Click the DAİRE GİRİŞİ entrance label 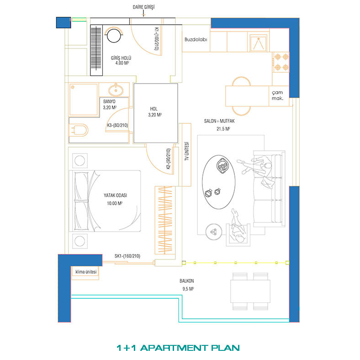143,7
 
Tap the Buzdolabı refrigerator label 196,39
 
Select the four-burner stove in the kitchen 281,62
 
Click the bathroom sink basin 116,90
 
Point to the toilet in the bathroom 78,130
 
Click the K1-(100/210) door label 156,38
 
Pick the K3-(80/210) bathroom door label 117,125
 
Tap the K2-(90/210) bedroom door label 169,159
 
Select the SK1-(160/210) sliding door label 127,256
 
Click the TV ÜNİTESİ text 187,151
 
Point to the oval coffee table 219,182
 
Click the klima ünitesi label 86,272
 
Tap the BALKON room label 187,281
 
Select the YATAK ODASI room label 115,196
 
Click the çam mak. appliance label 277,95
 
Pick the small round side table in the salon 214,232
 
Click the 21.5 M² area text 223,129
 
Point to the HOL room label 154,109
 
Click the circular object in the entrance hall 114,36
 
